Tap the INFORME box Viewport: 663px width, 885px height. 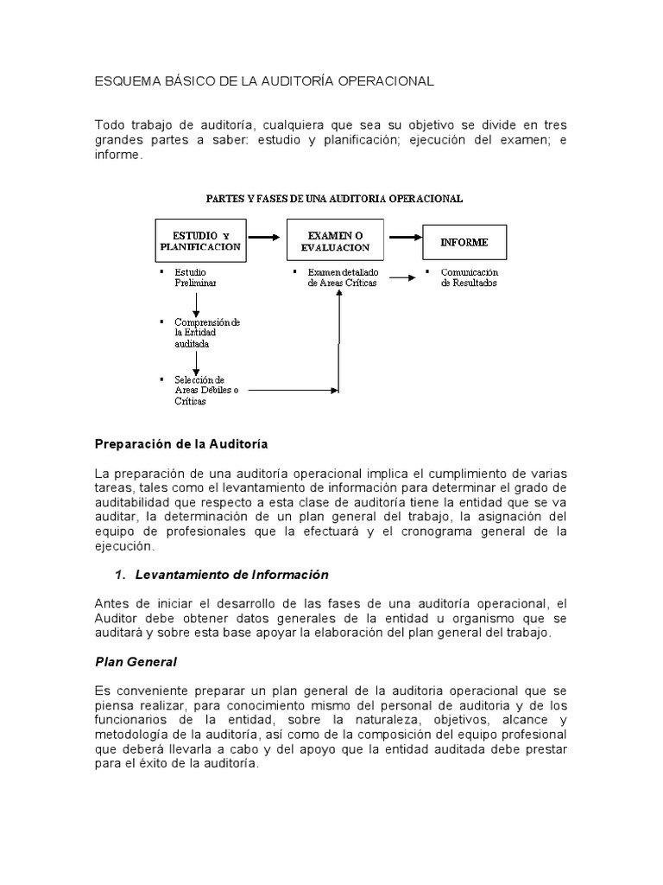(x=464, y=243)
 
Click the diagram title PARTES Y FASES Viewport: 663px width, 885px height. (x=334, y=198)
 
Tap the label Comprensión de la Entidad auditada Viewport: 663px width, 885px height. (x=206, y=332)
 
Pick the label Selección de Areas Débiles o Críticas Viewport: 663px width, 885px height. (x=201, y=390)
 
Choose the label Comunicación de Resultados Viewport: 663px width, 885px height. (x=469, y=277)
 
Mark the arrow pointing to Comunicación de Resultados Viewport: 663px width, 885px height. (x=400, y=278)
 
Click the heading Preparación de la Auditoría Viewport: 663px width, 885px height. (x=180, y=443)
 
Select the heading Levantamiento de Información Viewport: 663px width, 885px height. (x=232, y=574)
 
